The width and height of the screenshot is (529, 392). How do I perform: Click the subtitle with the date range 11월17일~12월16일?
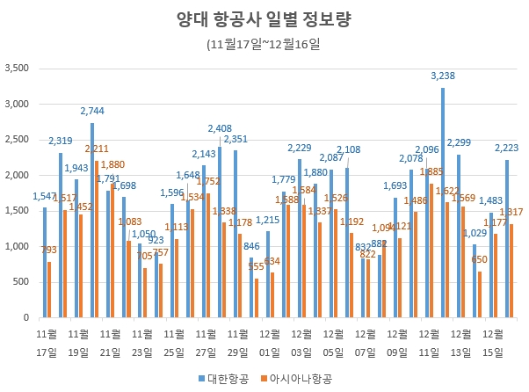(264, 44)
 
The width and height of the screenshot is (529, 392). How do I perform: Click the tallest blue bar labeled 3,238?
(443, 202)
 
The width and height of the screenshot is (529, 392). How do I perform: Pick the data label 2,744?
(92, 112)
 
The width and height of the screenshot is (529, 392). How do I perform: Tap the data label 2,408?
(219, 129)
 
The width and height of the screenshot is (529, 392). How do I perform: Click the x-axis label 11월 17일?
(47, 343)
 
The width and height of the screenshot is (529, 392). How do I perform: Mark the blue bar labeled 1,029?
(475, 280)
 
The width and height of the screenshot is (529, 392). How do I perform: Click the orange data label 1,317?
(511, 213)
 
